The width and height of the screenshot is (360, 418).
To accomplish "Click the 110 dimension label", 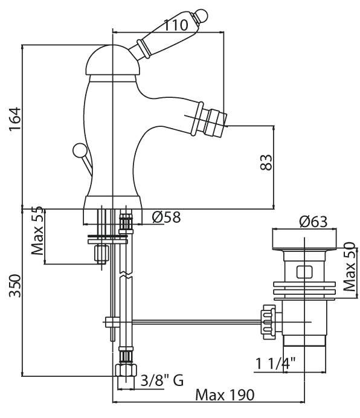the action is point(175,25).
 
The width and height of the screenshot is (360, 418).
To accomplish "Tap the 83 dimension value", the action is point(266,162).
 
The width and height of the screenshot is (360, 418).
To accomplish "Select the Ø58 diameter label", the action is point(166,217).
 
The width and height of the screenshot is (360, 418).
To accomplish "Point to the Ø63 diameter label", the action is point(313,222).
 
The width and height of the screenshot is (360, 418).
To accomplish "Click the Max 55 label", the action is point(37,231).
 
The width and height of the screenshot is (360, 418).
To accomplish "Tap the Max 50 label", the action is point(350,266).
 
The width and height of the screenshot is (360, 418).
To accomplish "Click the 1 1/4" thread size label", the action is point(275,363).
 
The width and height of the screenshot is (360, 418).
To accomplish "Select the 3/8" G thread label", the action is point(162,381).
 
